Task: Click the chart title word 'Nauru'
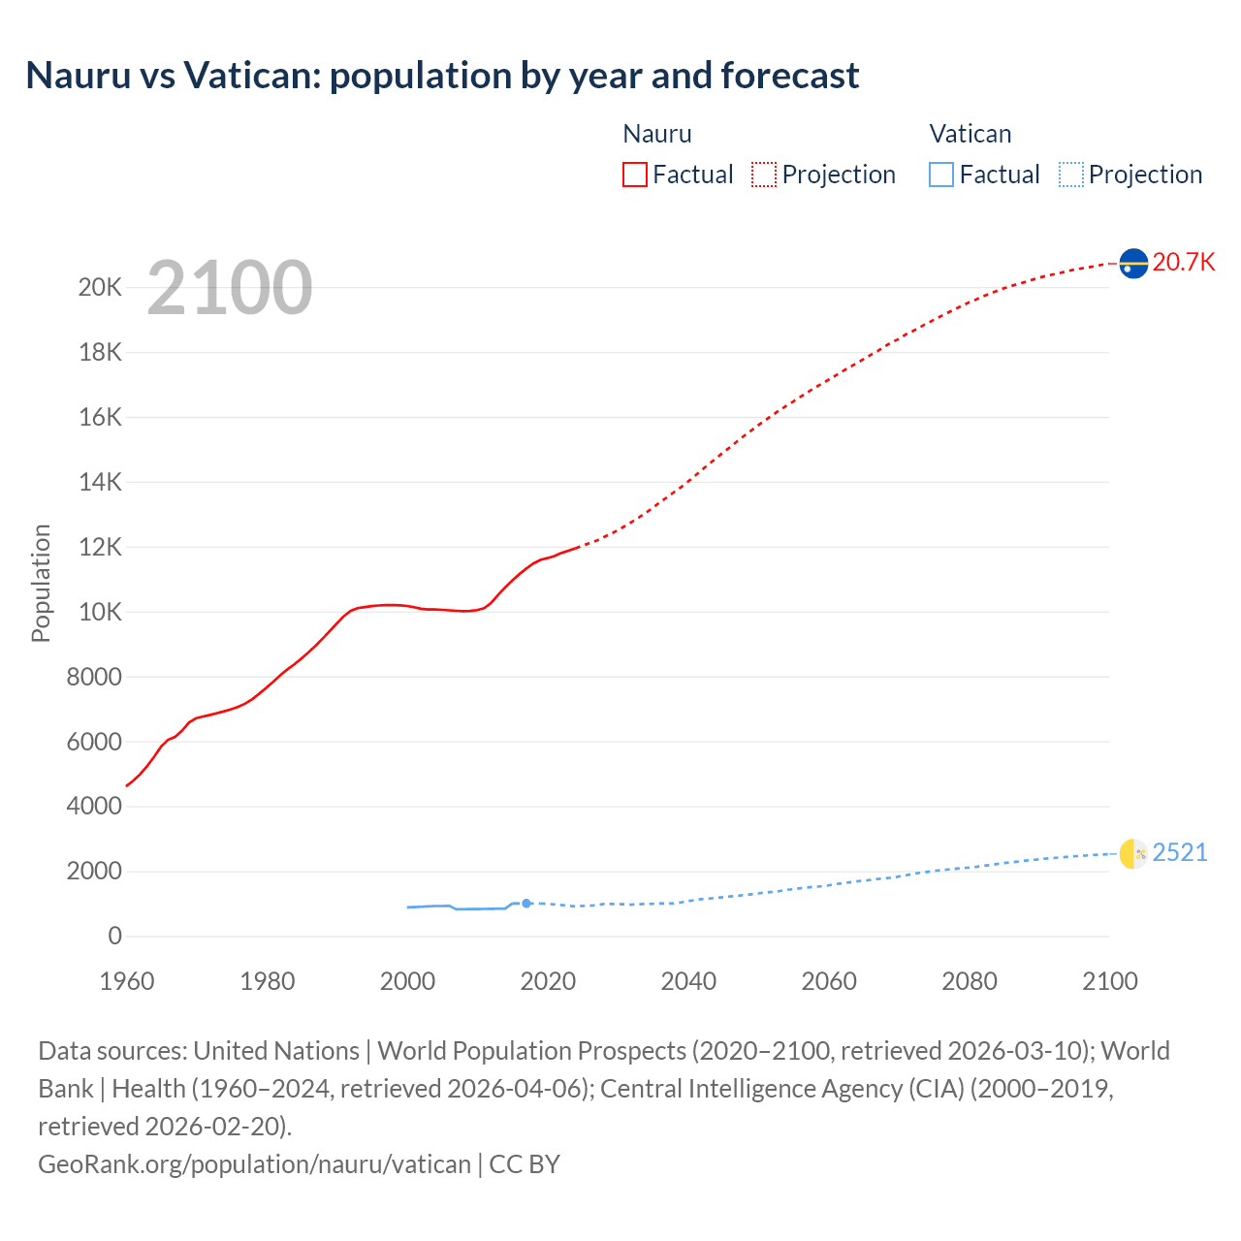(x=78, y=76)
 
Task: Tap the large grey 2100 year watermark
(x=230, y=288)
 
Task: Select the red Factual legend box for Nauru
(x=634, y=175)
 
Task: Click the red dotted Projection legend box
(x=764, y=175)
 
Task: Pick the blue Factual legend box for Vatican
(x=940, y=175)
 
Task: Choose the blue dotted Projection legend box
(x=1070, y=175)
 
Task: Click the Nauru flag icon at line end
(x=1133, y=263)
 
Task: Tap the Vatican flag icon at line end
(x=1133, y=854)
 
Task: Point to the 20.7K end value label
(x=1184, y=263)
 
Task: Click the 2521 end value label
(x=1180, y=853)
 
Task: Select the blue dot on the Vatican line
(x=526, y=903)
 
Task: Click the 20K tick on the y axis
(x=101, y=288)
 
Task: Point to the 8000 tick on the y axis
(x=94, y=677)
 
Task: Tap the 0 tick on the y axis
(x=115, y=936)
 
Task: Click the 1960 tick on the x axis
(x=127, y=981)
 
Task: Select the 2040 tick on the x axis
(x=688, y=981)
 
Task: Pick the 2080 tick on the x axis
(x=970, y=981)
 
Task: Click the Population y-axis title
(x=41, y=583)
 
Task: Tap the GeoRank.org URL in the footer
(x=254, y=1164)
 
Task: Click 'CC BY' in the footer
(x=525, y=1164)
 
